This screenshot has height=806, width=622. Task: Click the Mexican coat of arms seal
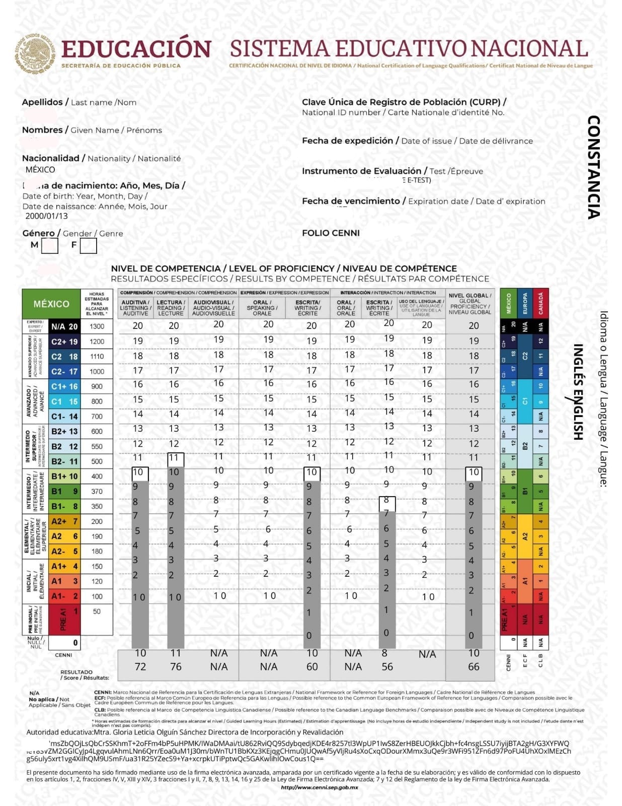click(35, 52)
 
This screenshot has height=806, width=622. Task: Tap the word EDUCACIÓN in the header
click(136, 49)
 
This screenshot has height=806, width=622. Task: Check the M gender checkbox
click(49, 246)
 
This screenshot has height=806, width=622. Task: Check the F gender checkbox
click(88, 246)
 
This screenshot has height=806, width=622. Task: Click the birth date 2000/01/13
click(46, 216)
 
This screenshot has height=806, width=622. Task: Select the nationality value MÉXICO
click(40, 170)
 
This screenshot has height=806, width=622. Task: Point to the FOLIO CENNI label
click(331, 233)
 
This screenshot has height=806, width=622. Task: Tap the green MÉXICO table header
click(51, 304)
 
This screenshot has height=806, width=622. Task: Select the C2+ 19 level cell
click(64, 342)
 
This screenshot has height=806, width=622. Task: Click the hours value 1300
click(97, 326)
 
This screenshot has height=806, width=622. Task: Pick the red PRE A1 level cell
click(64, 619)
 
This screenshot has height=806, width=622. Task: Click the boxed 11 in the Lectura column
click(175, 458)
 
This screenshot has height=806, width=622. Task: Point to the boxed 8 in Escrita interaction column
click(386, 501)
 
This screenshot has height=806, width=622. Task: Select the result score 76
click(176, 667)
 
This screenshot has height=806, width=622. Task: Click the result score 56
click(387, 667)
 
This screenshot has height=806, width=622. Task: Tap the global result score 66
click(474, 667)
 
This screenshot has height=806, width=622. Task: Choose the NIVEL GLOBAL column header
click(470, 304)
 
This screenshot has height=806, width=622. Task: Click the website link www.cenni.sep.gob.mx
click(319, 787)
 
